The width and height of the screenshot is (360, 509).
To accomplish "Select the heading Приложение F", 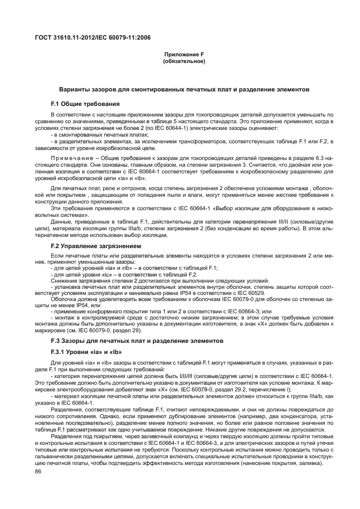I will pyautogui.click(x=179, y=54).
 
